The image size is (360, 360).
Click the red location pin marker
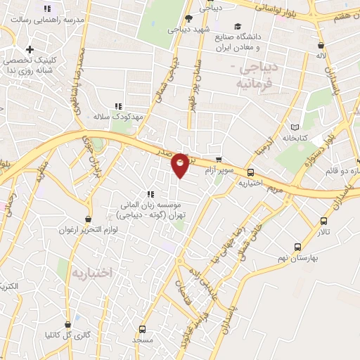[x=180, y=164]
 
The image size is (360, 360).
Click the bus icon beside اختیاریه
[x=250, y=172]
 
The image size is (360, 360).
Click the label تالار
[x=323, y=231]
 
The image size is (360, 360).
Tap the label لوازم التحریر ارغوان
[x=87, y=230]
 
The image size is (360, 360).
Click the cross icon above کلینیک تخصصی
[x=30, y=49]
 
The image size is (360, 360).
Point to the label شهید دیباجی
[x=186, y=30]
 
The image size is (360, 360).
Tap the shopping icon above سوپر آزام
[x=219, y=160]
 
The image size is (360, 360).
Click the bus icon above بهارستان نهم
[x=297, y=247]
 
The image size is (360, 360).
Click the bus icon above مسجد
[x=143, y=328]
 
